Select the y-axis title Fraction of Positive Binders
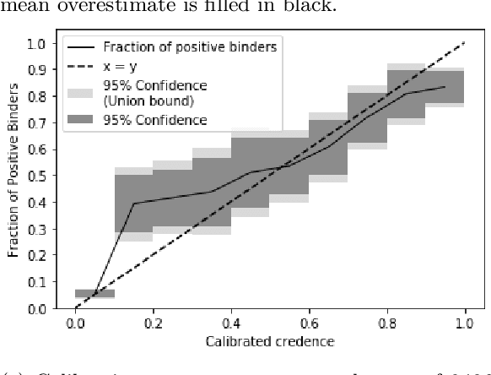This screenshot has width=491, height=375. [14, 176]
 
